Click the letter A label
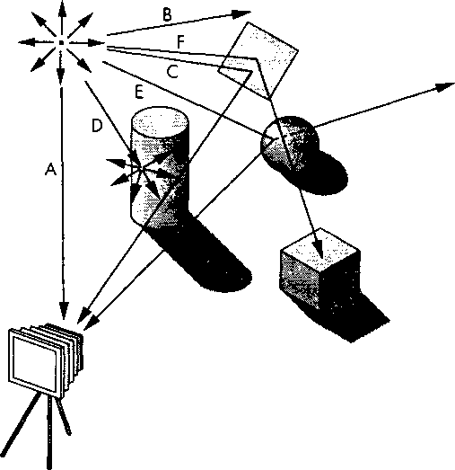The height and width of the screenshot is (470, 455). click(51, 169)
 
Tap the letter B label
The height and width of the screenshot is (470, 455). click(167, 14)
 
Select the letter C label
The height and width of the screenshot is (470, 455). click(172, 72)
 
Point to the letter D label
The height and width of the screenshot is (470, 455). click(97, 126)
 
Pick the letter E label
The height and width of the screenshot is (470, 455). click(139, 92)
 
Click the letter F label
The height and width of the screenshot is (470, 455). click(180, 41)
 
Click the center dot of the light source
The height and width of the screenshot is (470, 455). click(61, 42)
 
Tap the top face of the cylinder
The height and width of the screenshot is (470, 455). click(160, 122)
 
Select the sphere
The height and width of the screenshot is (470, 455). click(289, 143)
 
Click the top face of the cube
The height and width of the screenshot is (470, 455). click(320, 247)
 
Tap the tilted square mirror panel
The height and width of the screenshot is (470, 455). click(258, 60)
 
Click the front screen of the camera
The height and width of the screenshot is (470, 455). click(34, 363)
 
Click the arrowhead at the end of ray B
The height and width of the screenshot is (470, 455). click(241, 13)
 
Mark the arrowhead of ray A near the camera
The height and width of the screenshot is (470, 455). click(64, 311)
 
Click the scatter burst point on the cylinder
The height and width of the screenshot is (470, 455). click(141, 168)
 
